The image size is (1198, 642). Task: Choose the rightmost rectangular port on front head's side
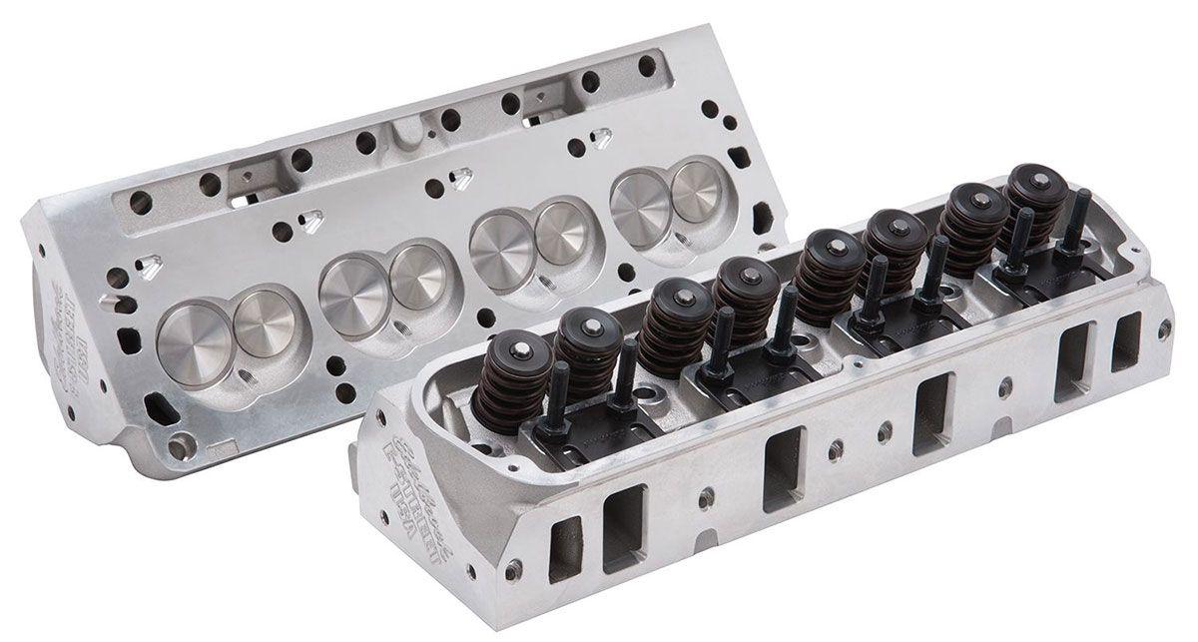tap(1125, 342)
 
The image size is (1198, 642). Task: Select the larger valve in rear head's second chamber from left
tap(351, 281)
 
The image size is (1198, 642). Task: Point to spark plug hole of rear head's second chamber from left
tap(398, 324)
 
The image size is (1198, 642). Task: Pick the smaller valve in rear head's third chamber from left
tap(563, 233)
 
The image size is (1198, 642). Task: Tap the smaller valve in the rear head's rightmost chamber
tap(698, 191)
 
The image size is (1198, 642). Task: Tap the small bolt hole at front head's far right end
tap(1163, 326)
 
